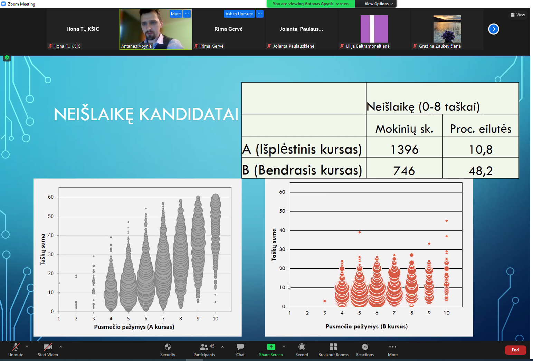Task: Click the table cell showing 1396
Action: point(404,149)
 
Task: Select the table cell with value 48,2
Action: point(480,170)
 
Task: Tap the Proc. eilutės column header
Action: point(480,129)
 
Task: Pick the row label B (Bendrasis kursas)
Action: point(302,170)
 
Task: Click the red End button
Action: point(515,350)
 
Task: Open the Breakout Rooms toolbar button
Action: point(333,350)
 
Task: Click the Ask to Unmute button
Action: point(239,14)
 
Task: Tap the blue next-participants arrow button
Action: point(494,29)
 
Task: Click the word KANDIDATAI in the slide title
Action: point(189,114)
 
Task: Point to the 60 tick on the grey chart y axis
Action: point(51,197)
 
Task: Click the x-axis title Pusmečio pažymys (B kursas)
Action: point(367,326)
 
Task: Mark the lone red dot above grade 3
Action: point(325,301)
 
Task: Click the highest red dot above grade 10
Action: point(446,221)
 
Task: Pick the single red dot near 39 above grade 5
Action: point(360,232)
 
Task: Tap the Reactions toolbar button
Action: point(365,350)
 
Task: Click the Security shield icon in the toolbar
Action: point(168,347)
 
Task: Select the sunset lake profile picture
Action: point(447,29)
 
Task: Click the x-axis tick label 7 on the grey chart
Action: point(163,319)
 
